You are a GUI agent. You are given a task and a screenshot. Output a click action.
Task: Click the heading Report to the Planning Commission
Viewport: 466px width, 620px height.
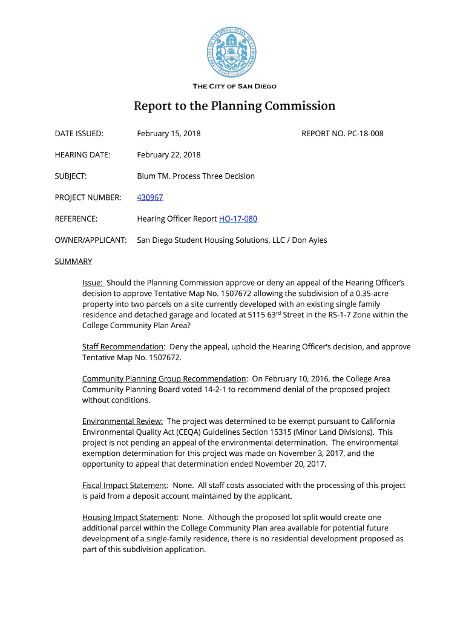click(234, 107)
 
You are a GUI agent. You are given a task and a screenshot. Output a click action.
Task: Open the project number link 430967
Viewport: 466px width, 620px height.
click(150, 197)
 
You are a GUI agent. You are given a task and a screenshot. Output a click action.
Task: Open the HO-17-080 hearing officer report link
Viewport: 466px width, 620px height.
click(238, 219)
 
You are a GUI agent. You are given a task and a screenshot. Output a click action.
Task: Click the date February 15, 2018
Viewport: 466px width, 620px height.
click(169, 133)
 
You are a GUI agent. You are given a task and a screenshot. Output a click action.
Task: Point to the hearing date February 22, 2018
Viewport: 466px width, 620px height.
click(169, 155)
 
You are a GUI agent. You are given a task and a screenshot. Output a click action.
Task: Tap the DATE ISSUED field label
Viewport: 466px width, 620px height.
click(79, 133)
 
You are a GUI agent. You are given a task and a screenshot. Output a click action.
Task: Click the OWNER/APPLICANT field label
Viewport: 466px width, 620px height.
click(91, 240)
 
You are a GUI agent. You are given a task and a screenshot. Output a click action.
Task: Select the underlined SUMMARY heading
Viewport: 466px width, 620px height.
click(73, 262)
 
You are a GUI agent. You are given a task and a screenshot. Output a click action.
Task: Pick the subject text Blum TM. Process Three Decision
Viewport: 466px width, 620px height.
click(195, 176)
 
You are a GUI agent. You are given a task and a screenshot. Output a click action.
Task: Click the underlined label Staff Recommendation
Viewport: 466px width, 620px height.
click(123, 347)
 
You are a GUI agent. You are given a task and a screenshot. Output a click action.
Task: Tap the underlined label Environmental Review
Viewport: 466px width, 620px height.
click(122, 421)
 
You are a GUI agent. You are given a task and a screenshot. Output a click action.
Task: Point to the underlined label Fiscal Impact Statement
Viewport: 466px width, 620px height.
click(125, 486)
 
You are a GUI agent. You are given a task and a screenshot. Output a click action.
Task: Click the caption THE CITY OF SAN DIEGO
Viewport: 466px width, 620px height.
click(234, 87)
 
